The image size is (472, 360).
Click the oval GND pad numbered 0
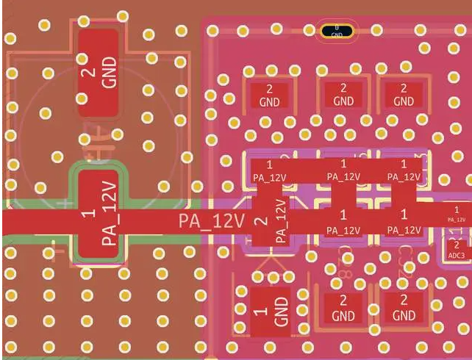click(337, 31)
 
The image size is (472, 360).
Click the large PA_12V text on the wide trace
click(211, 221)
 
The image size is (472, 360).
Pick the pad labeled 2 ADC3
click(456, 248)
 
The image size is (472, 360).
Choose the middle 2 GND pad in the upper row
click(343, 95)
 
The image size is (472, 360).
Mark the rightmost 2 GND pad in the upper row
click(403, 95)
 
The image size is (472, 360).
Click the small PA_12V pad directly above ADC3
click(456, 214)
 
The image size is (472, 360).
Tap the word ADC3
click(456, 254)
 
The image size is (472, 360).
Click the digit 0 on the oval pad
click(337, 27)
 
